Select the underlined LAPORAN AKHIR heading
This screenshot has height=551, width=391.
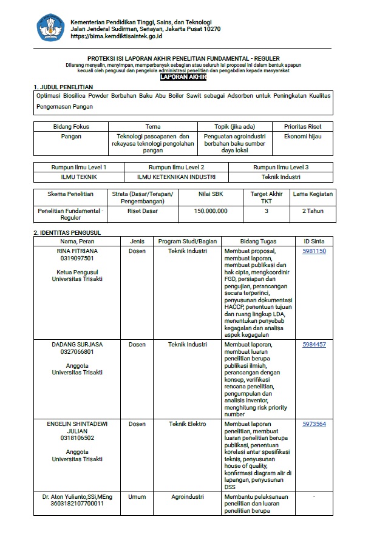(183, 77)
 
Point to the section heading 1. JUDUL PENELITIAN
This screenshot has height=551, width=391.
(63, 87)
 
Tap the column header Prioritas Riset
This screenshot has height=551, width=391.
(303, 127)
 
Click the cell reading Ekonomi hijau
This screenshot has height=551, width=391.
(303, 137)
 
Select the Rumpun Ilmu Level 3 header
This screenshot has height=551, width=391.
(280, 167)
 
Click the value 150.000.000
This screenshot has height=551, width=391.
(211, 211)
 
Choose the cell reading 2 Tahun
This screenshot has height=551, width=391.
(312, 211)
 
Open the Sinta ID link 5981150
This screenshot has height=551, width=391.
(314, 251)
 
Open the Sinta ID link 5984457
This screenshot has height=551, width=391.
(314, 345)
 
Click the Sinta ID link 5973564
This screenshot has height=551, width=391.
(314, 424)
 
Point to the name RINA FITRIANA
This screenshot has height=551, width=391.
(77, 251)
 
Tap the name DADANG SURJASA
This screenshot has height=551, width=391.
(77, 345)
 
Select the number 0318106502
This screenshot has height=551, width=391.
(77, 438)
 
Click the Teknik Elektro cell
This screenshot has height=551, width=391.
(188, 424)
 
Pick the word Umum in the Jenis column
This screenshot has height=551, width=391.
(137, 496)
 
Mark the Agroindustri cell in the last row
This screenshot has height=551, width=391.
(188, 496)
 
